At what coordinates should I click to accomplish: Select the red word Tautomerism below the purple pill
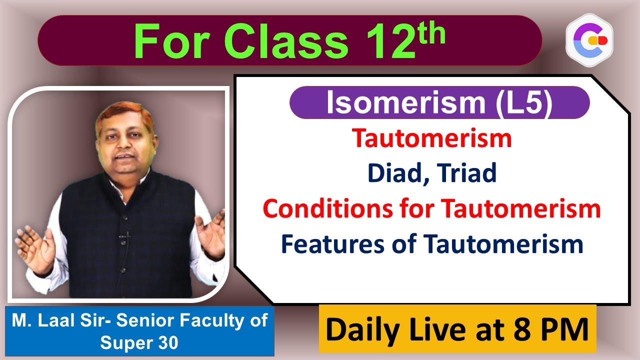click(x=432, y=138)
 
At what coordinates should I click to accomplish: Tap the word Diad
click(x=397, y=173)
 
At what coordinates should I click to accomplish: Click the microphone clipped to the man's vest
click(x=127, y=235)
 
